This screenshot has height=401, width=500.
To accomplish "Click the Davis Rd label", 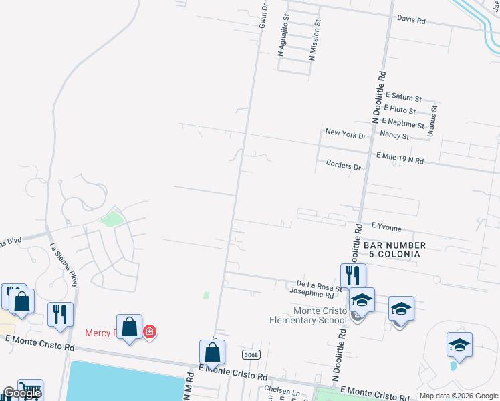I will pyautogui.click(x=411, y=20).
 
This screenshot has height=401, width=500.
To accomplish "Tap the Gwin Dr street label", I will pyautogui.click(x=263, y=15).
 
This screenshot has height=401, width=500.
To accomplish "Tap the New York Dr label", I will pyautogui.click(x=346, y=134).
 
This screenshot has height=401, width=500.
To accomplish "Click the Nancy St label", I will pyautogui.click(x=394, y=136).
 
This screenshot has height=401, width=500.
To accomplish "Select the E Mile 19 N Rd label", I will pyautogui.click(x=400, y=158).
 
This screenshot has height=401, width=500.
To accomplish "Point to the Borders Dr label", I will pyautogui.click(x=344, y=164).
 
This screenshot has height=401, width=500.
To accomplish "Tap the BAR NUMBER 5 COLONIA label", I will pyautogui.click(x=394, y=250).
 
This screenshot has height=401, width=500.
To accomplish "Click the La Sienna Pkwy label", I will pyautogui.click(x=64, y=265).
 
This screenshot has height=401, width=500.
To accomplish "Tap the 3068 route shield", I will pyautogui.click(x=251, y=356).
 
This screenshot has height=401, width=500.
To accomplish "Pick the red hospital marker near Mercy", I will pyautogui.click(x=150, y=331).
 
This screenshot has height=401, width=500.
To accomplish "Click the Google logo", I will pyautogui.click(x=21, y=393).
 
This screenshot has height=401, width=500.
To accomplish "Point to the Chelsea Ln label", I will pyautogui.click(x=281, y=390).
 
